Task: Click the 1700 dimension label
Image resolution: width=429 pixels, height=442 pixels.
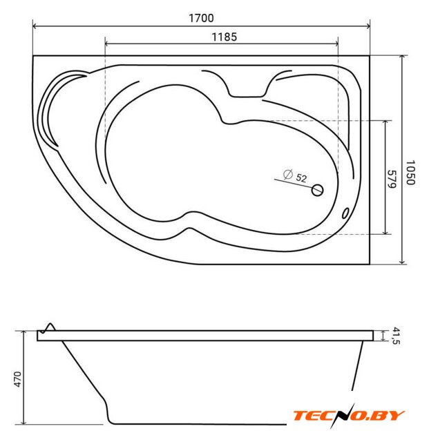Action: [201, 18]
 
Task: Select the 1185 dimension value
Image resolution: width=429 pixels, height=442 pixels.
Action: [225, 37]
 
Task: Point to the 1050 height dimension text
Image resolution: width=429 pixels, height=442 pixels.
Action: [410, 173]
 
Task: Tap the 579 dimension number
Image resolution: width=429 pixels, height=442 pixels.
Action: [392, 179]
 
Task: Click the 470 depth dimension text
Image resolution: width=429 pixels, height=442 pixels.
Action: [17, 379]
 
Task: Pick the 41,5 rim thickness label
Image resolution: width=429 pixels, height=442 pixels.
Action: [396, 336]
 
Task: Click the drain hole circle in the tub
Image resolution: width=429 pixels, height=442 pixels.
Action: [317, 190]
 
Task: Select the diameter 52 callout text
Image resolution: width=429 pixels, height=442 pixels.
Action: [295, 177]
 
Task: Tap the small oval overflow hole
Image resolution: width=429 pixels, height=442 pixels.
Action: [345, 213]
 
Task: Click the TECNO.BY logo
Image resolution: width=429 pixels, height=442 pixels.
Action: [349, 416]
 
